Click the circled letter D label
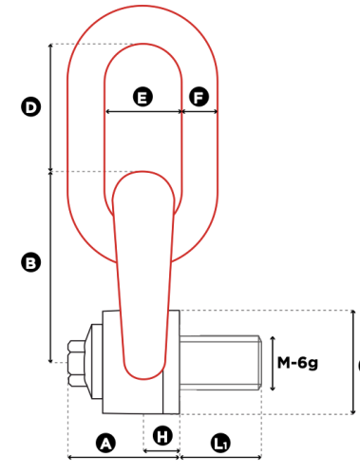click(x=30, y=107)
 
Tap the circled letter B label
click(x=30, y=262)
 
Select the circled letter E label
click(x=142, y=97)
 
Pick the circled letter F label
click(x=199, y=97)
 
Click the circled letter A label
click(x=105, y=443)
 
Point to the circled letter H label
click(x=162, y=436)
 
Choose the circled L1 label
click(x=220, y=443)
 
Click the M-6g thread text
click(x=297, y=363)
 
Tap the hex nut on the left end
click(x=77, y=363)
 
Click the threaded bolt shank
click(x=220, y=363)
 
